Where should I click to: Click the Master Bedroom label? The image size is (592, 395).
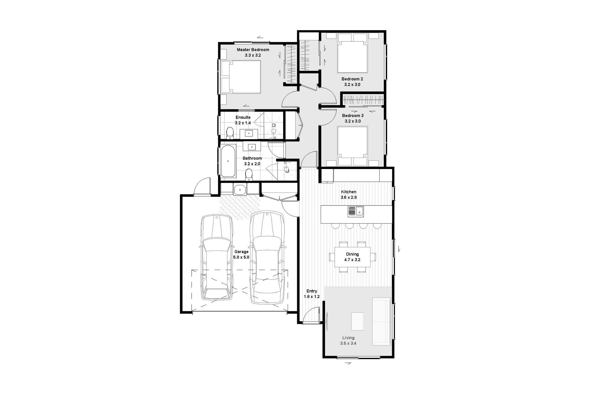[x=253, y=50]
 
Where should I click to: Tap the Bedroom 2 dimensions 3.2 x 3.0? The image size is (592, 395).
[x=352, y=85]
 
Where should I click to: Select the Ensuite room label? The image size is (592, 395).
[x=243, y=117]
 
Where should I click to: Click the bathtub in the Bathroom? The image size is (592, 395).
[x=228, y=161]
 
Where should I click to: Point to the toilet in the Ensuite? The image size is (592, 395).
[x=230, y=133]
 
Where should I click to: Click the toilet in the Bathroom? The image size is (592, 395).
[x=249, y=175]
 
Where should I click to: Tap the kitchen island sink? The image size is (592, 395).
[x=356, y=211]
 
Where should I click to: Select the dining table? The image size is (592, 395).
[x=352, y=257]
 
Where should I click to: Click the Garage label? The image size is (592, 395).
[x=241, y=252]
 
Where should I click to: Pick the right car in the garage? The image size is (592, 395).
[x=267, y=257]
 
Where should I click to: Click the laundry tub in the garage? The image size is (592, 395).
[x=240, y=190]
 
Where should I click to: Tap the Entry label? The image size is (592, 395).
[x=312, y=291]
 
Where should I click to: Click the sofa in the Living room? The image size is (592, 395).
[x=382, y=321]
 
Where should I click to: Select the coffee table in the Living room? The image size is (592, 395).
[x=357, y=321]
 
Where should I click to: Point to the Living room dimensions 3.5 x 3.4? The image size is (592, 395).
[x=348, y=343]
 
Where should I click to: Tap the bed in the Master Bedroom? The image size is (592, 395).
[x=241, y=77]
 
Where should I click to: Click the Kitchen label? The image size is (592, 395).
[x=349, y=192]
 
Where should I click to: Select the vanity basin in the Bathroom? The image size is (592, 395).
[x=252, y=147]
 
